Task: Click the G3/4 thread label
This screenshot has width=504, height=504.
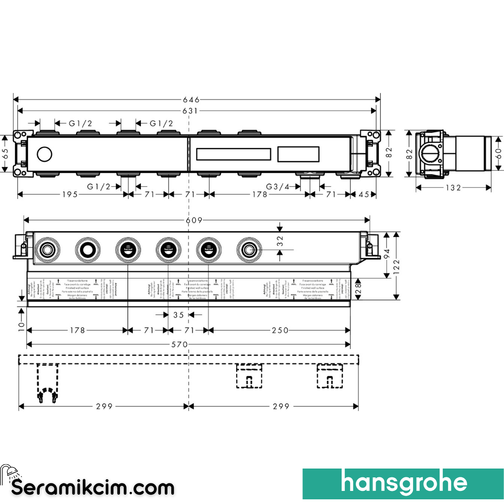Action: pos(278,187)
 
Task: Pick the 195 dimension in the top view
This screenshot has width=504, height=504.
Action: pos(70,194)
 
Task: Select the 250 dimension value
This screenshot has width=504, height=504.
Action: pos(280,330)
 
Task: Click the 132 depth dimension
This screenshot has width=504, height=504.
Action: pos(453,188)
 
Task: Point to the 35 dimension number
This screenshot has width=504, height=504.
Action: pos(179,315)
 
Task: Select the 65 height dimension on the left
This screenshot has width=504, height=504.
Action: pos(6,154)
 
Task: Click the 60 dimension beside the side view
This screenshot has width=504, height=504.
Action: pos(498,154)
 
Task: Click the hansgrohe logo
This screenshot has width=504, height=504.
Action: pos(403,483)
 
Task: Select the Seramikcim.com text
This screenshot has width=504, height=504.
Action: pos(93,488)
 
